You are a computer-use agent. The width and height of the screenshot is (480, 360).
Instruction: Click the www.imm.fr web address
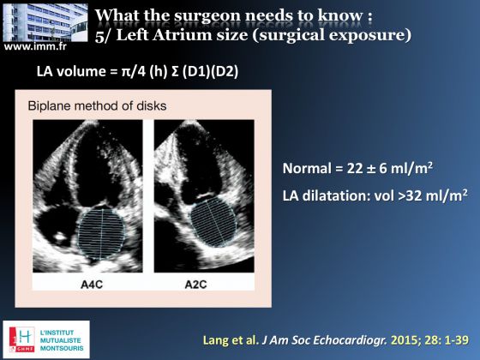[x=35, y=46]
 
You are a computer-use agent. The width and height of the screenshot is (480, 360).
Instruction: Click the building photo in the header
[x=45, y=22]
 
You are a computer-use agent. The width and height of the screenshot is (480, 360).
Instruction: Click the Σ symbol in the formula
[x=176, y=71]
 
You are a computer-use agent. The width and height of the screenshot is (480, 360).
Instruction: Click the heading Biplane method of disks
[x=98, y=106]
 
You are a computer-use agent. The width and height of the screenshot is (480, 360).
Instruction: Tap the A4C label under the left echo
[x=92, y=285]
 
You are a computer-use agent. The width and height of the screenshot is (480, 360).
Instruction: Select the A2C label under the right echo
[x=196, y=285]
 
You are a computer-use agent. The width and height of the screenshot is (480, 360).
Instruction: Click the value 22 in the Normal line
[x=355, y=169]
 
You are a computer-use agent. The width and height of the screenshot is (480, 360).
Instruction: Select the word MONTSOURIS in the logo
[x=62, y=348]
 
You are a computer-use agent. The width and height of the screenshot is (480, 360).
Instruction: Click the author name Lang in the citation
[x=214, y=340]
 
